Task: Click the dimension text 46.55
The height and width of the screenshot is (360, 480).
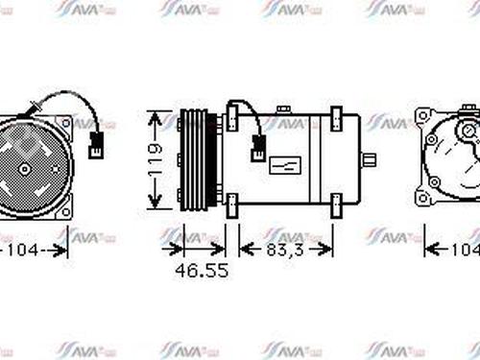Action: pyautogui.click(x=202, y=271)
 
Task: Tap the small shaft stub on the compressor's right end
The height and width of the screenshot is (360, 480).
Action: pyautogui.click(x=368, y=158)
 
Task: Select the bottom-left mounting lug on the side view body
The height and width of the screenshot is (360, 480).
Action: pyautogui.click(x=232, y=206)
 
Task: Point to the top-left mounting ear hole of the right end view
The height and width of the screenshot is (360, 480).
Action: pyautogui.click(x=423, y=116)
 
